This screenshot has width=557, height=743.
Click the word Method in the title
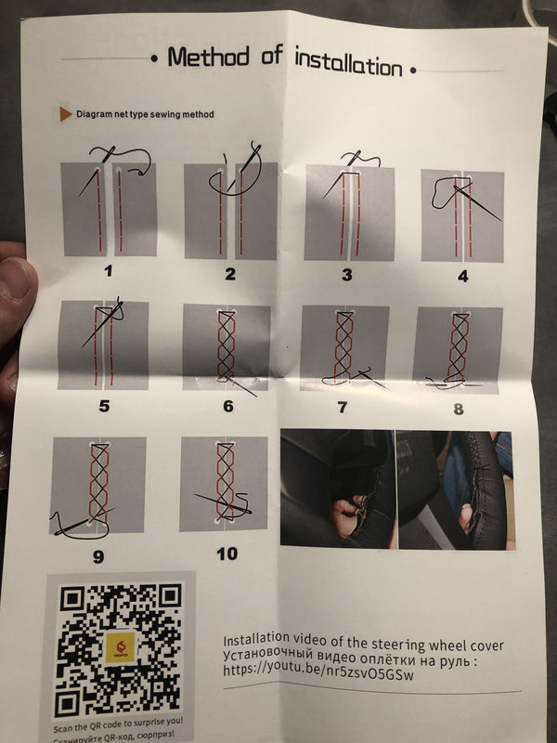[x=208, y=57]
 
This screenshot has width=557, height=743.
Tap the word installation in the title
[x=349, y=62]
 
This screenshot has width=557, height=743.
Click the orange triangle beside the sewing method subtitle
[x=65, y=114]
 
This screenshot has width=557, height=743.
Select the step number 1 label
[x=109, y=271]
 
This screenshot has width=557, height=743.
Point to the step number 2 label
[x=230, y=274]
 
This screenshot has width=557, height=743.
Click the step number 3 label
[x=347, y=275]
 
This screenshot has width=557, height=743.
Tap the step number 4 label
[x=462, y=276]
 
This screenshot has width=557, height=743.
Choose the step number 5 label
[x=104, y=406]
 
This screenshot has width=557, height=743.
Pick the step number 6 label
[x=228, y=406]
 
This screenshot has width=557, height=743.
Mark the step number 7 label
[x=342, y=407]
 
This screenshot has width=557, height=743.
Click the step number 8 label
[x=459, y=409]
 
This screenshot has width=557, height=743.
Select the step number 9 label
[x=98, y=556]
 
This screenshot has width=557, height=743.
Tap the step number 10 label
[x=227, y=554]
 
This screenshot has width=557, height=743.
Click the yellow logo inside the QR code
[x=120, y=647]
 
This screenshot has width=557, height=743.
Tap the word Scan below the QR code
[x=63, y=728]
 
